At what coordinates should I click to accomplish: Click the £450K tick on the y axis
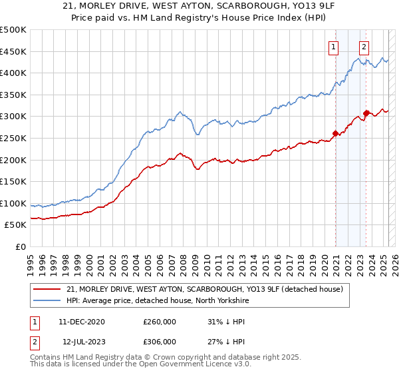[x=13, y=51]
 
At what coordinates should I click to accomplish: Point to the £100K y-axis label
[x=13, y=203]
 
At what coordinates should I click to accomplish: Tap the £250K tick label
[x=13, y=138]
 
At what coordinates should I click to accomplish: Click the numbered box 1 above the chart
[x=332, y=47]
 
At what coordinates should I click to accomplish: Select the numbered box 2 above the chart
[x=364, y=47]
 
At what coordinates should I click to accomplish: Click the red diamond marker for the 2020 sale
[x=335, y=133]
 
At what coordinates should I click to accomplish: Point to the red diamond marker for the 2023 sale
[x=366, y=113]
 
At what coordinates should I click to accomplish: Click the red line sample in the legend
[x=47, y=289]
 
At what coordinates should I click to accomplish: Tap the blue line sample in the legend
[x=47, y=301]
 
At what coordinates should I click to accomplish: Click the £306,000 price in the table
[x=160, y=342]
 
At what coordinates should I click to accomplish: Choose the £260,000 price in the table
[x=160, y=322]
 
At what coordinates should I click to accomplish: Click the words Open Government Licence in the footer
[x=199, y=365]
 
